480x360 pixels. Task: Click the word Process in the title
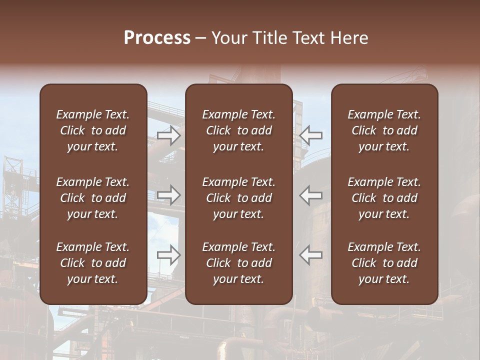pos(157,38)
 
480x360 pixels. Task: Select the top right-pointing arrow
pos(168,135)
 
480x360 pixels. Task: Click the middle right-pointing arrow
pos(168,195)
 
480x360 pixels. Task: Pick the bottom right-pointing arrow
pos(168,255)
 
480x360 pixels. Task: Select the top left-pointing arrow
pos(311,135)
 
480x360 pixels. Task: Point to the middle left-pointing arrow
pos(311,195)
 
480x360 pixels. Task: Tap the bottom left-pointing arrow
pos(311,255)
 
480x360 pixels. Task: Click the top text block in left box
pos(93,130)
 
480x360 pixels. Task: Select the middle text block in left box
pos(93,198)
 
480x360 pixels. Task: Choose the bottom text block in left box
pos(93,263)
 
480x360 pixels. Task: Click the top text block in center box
pos(238,130)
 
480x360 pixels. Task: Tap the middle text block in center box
pos(238,198)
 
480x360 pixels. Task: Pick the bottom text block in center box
pos(238,263)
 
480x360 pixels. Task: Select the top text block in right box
pos(384,130)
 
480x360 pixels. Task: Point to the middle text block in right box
pos(384,198)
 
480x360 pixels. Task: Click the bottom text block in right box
pos(384,263)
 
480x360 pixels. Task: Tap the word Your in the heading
pos(228,38)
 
